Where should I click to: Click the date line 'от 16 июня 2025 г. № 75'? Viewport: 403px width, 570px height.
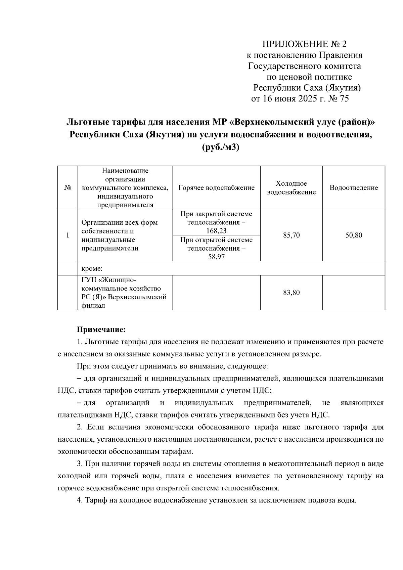300,99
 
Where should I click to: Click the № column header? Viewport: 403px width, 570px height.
68,188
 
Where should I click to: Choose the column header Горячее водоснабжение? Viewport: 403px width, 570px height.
216,188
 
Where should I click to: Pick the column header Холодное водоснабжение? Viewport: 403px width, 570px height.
291,188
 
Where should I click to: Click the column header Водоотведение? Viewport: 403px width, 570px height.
354,188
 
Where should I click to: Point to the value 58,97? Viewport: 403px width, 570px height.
216,257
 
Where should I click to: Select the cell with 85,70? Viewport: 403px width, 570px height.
291,235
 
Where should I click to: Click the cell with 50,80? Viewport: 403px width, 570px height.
354,235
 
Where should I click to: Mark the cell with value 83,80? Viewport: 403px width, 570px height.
291,293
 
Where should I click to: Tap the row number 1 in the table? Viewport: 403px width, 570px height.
68,235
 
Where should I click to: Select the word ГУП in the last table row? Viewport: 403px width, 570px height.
88,280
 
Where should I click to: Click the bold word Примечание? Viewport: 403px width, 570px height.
101,329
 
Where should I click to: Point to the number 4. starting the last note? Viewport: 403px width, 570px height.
80,500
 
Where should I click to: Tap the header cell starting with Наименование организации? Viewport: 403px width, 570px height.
125,188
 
